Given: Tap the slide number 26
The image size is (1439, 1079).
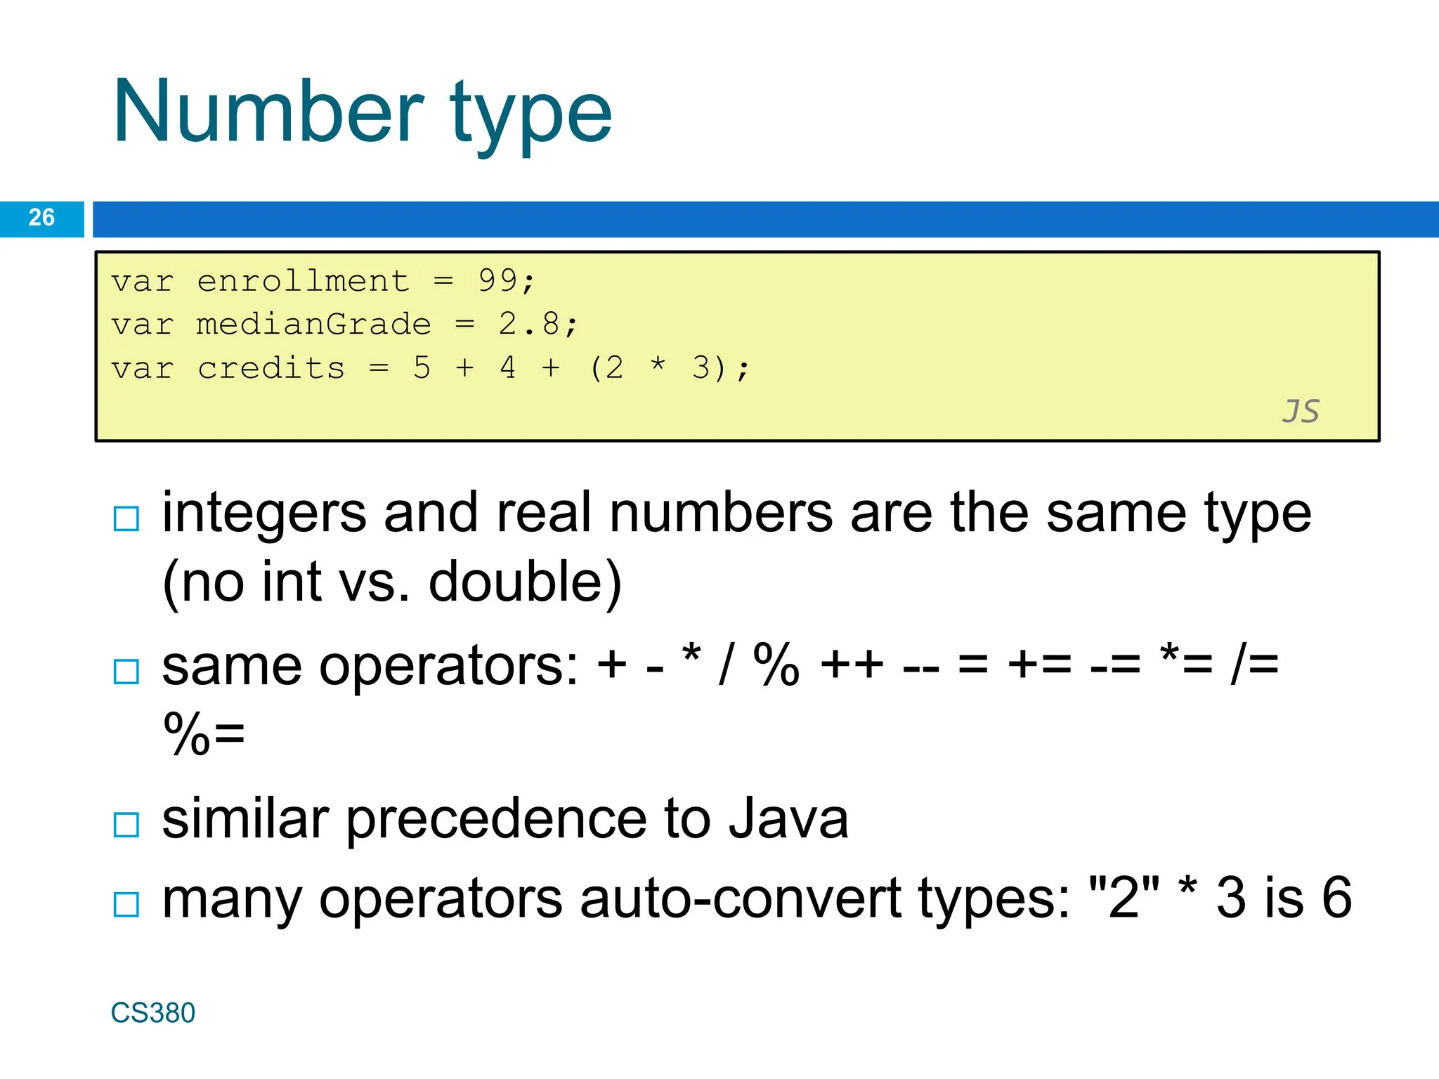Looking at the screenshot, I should coord(41,218).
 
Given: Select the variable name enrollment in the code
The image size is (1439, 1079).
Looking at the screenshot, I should coord(303,281).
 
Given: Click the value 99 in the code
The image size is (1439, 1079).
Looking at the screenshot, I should coord(497,281).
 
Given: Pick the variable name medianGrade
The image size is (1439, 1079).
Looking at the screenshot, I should coord(313,325).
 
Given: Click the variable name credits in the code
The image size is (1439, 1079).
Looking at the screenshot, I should coord(271,368).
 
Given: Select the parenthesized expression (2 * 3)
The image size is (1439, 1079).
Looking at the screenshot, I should coord(658,368).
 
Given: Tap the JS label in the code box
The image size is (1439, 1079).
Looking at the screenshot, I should coord(1301,412).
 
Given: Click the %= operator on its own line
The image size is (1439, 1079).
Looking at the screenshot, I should coord(204,734).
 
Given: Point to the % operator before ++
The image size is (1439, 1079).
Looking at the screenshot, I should coord(776,665).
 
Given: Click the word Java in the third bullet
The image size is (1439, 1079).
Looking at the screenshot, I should coord(788,819).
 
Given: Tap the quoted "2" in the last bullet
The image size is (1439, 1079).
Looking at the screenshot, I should coord(1124,897).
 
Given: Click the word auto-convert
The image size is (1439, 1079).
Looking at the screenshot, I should coord(741,898).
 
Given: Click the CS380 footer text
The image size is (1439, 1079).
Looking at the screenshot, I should coord(153,1013).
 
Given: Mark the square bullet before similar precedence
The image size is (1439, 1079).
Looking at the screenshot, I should coord(126,825).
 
